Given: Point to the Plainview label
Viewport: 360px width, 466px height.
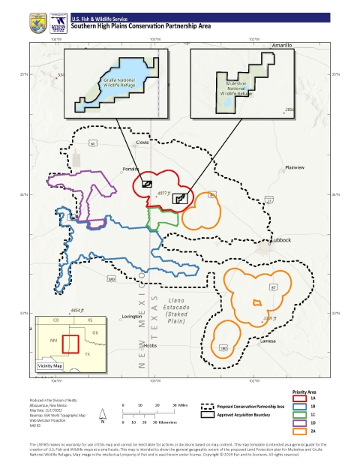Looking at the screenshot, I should pyautogui.click(x=297, y=167).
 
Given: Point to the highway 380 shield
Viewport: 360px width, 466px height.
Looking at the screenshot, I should pyautogui.click(x=112, y=279).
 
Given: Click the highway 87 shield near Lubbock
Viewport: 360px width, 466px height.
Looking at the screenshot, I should pyautogui.click(x=274, y=287).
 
